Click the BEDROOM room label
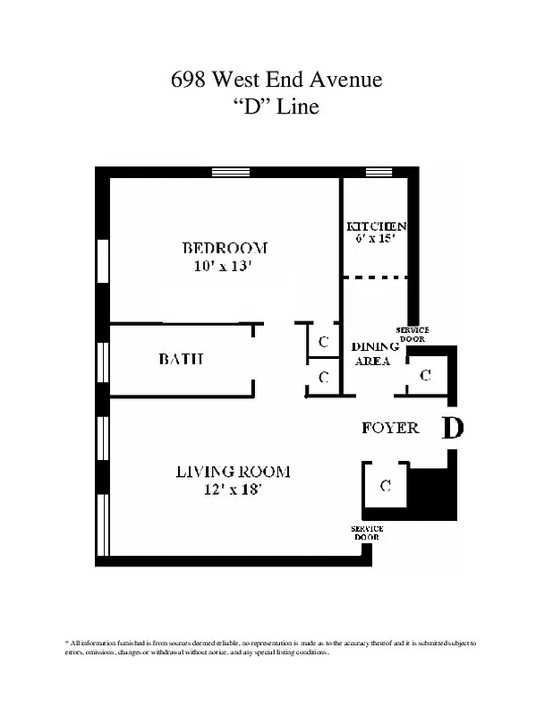tap(225, 248)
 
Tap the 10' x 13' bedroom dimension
tap(225, 266)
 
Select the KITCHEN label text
tap(377, 226)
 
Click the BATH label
tap(182, 359)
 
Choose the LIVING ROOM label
tap(233, 472)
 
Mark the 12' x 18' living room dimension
tap(233, 490)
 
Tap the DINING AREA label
tap(370, 354)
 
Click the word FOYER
tap(390, 428)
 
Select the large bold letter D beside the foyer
tap(454, 429)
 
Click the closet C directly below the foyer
tap(386, 486)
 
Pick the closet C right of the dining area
tap(425, 375)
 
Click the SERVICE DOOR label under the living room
tap(367, 533)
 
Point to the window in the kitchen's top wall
tap(379, 172)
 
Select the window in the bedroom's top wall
tap(230, 172)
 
